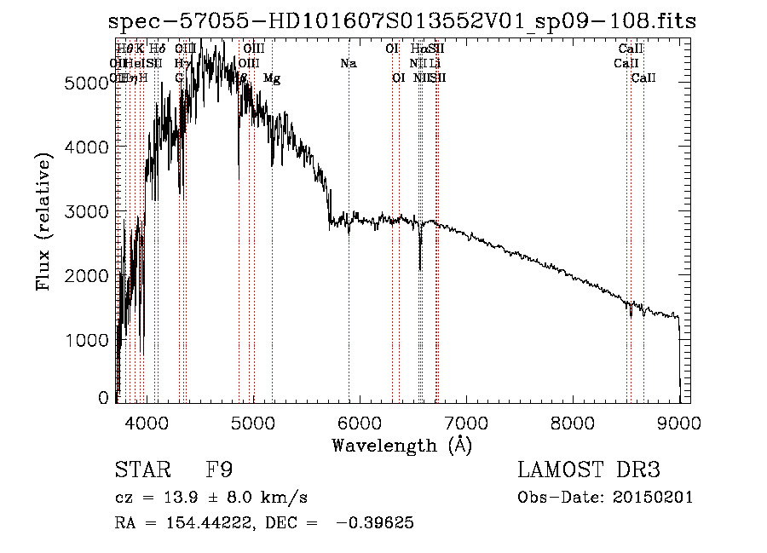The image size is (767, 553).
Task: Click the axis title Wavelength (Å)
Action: pyautogui.click(x=401, y=445)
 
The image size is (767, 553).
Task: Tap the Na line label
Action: pyautogui.click(x=348, y=63)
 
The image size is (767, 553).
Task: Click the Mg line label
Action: pyautogui.click(x=272, y=78)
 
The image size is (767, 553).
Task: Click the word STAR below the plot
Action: pyautogui.click(x=140, y=470)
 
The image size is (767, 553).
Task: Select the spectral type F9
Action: pyautogui.click(x=220, y=470)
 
